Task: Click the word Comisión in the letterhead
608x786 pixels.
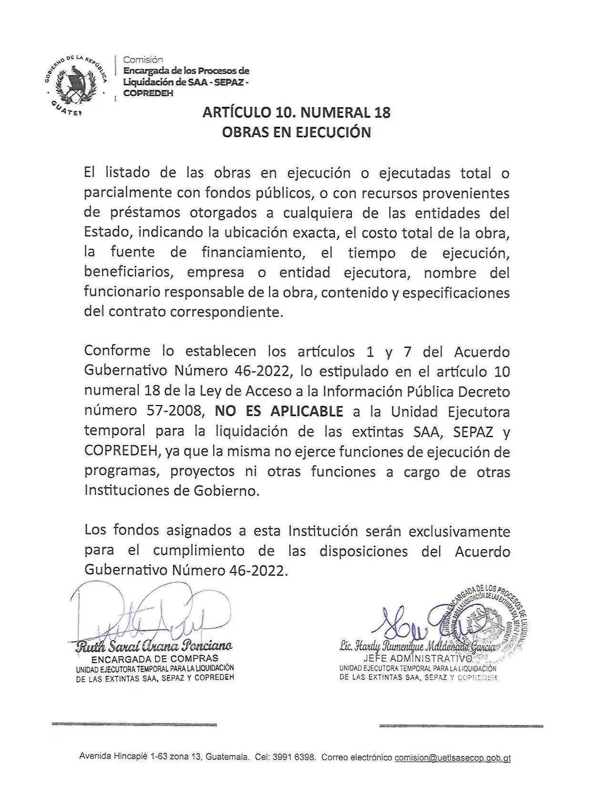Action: [143, 60]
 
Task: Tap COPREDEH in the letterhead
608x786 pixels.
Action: [148, 93]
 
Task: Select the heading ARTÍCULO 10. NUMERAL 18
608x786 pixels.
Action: [296, 112]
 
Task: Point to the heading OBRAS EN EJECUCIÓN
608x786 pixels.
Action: [296, 132]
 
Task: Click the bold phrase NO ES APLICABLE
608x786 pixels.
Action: [279, 411]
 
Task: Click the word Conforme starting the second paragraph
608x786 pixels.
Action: [117, 351]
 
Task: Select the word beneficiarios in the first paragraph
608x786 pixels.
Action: [128, 272]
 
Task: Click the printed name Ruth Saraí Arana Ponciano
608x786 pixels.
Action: [155, 646]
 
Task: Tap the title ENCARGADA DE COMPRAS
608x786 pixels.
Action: [155, 659]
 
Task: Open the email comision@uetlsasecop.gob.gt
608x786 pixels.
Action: [453, 757]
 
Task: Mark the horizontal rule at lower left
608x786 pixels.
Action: [134, 725]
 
